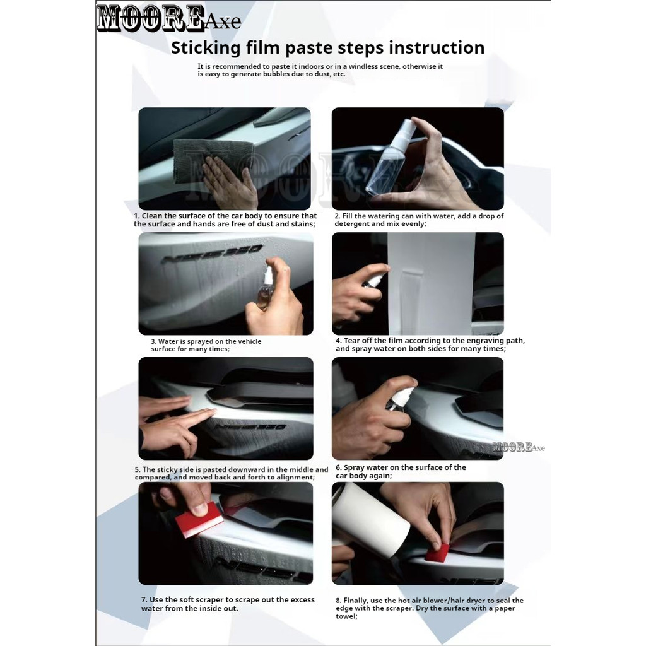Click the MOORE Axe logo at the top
(169, 18)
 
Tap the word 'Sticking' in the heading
(206, 48)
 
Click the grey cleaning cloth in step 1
(212, 160)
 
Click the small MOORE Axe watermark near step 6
(519, 447)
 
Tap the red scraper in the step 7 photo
(199, 520)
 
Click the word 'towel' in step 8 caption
(346, 616)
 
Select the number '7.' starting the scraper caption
(144, 600)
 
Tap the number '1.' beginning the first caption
(137, 216)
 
